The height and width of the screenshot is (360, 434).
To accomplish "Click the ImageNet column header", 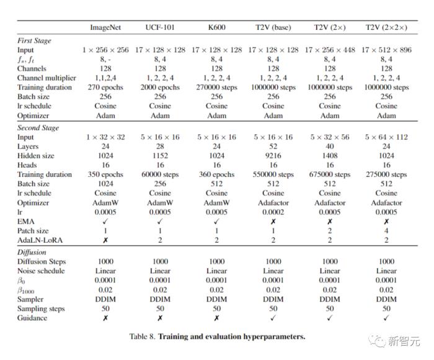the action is tap(105, 27).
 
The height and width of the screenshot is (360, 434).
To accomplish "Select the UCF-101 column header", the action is tap(160, 27).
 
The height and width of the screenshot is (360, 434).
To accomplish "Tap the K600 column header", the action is tap(217, 27).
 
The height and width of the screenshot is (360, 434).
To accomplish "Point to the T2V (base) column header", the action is tap(273, 27).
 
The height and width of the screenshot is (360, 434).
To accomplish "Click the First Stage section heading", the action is tap(34, 41).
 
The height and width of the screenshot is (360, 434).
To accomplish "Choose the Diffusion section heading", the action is tap(32, 252).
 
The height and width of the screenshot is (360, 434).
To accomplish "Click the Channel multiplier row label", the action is tap(46, 78).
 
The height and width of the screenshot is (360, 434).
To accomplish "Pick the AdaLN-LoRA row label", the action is tap(40, 240).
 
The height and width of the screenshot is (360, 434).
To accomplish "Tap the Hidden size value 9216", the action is tap(273, 156).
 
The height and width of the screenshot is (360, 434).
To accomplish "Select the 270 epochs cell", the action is tap(105, 88).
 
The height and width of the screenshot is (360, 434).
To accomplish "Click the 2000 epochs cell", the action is tap(160, 88).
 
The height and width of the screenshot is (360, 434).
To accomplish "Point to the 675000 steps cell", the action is tap(330, 174).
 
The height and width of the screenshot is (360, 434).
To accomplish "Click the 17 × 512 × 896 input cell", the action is tap(386, 50).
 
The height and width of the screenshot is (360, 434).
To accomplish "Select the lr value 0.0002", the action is tap(273, 212).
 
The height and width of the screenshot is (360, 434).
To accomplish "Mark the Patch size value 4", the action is tap(386, 231).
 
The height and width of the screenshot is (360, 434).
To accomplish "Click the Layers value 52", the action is tap(273, 146).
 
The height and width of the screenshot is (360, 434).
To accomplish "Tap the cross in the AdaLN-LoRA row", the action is tap(105, 240).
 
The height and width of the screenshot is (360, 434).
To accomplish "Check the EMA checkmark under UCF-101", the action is tap(160, 222).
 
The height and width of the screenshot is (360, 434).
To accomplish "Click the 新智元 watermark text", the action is tap(404, 341).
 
